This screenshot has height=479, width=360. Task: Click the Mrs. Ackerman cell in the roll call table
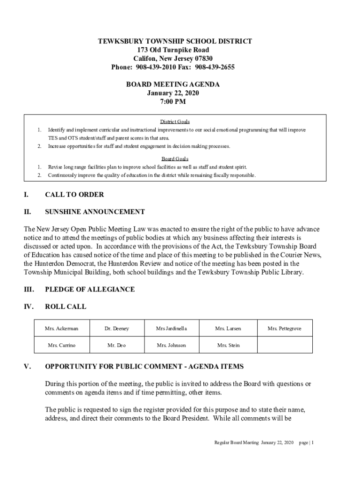pyautogui.click(x=61, y=329)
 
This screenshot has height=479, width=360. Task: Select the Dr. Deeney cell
pyautogui.click(x=116, y=329)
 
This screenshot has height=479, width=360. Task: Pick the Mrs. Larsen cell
pyautogui.click(x=228, y=329)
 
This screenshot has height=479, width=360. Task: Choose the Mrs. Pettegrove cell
pyautogui.click(x=284, y=329)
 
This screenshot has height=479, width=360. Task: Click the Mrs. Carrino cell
pyautogui.click(x=61, y=345)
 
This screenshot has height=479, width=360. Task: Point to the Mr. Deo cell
pyautogui.click(x=116, y=345)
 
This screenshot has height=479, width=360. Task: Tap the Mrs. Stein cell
pyautogui.click(x=228, y=345)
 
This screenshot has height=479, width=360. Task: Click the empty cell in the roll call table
pyautogui.click(x=284, y=345)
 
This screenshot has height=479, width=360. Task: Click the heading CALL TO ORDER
pyautogui.click(x=74, y=195)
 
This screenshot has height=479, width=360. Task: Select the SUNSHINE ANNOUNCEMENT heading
pyautogui.click(x=95, y=212)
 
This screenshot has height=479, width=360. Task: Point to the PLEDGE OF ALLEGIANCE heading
pyautogui.click(x=90, y=290)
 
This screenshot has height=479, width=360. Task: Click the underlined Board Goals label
pyautogui.click(x=175, y=159)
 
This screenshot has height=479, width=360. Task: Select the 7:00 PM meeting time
pyautogui.click(x=173, y=101)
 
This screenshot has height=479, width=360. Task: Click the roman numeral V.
pyautogui.click(x=27, y=366)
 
